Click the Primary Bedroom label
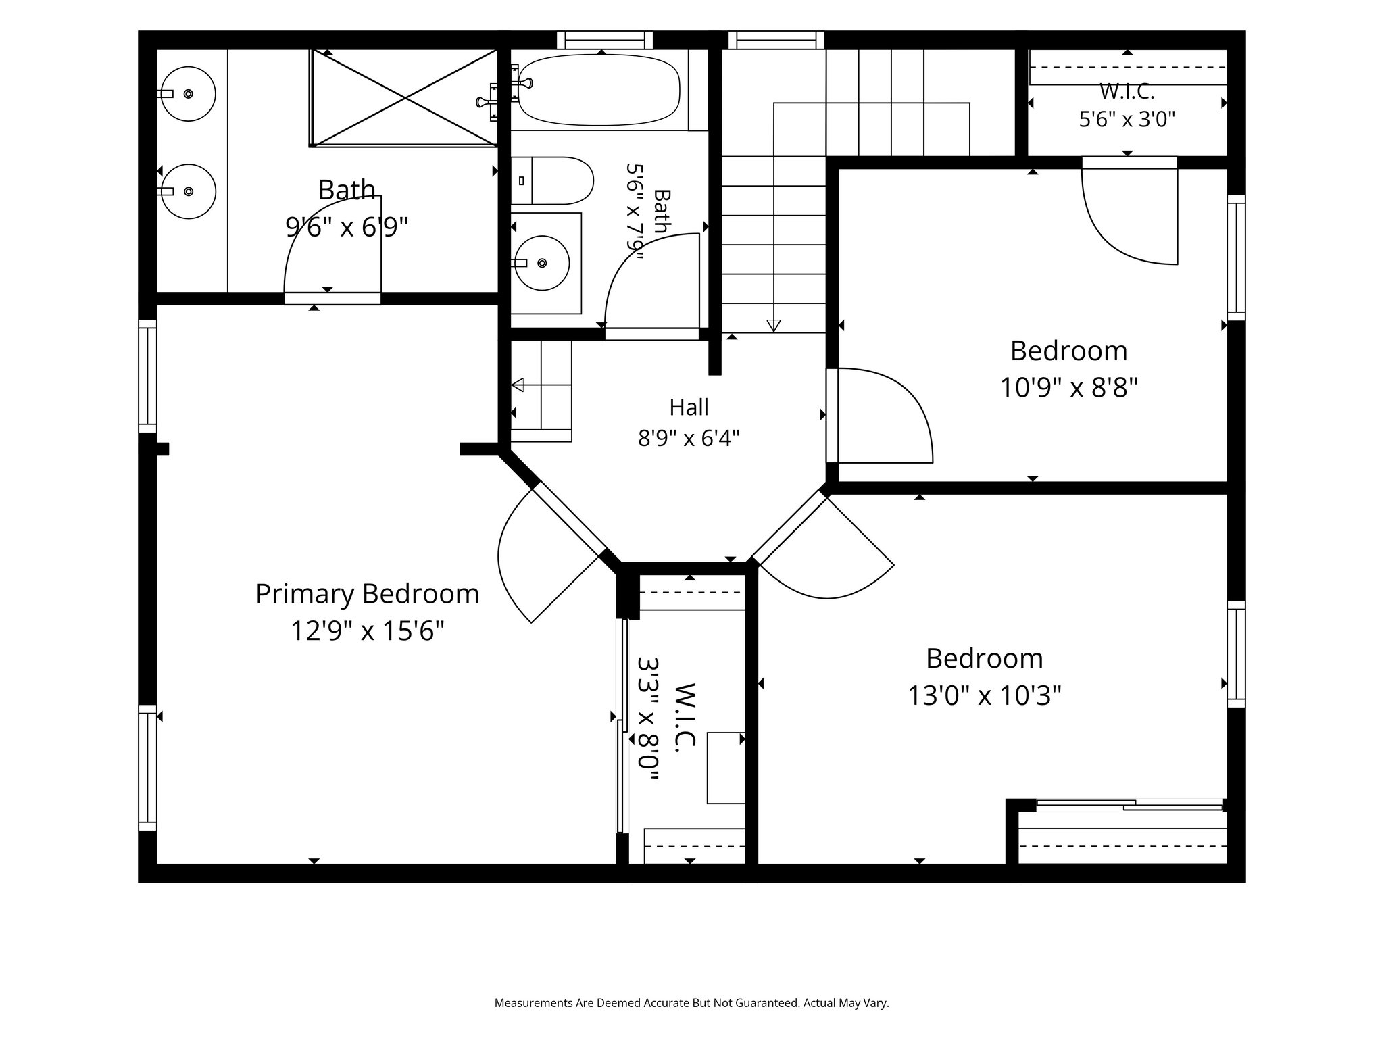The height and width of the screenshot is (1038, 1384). tap(367, 594)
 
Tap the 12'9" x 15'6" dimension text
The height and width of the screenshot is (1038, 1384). tap(367, 631)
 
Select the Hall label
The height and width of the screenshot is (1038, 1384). tap(689, 407)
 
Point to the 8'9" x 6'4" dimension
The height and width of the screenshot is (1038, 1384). tap(689, 439)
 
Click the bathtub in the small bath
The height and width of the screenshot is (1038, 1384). tap(598, 90)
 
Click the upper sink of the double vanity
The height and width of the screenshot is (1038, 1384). tap(188, 93)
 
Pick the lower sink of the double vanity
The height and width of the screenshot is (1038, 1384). tap(188, 191)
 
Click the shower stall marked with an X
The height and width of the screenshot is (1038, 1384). tap(404, 97)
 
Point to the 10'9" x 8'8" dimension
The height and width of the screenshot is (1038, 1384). tap(1069, 388)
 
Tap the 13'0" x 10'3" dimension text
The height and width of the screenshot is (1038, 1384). tap(985, 695)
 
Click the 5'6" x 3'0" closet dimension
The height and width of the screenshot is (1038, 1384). tap(1127, 120)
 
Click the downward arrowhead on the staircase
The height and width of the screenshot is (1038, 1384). tap(774, 326)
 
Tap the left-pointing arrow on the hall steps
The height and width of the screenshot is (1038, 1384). tap(518, 385)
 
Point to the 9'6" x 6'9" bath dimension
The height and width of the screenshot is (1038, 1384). tap(347, 227)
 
